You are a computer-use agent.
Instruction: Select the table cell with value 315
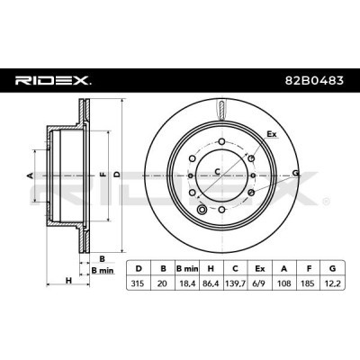tap(139, 283)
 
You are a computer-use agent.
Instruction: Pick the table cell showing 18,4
tap(186, 283)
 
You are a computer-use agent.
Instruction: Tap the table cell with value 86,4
tap(211, 283)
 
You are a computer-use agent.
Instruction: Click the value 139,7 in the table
tap(235, 283)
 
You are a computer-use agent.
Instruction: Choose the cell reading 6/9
tap(259, 283)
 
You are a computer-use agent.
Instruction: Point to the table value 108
tap(283, 283)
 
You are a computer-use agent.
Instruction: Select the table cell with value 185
tap(308, 283)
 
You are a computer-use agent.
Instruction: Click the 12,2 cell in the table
tap(333, 283)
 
